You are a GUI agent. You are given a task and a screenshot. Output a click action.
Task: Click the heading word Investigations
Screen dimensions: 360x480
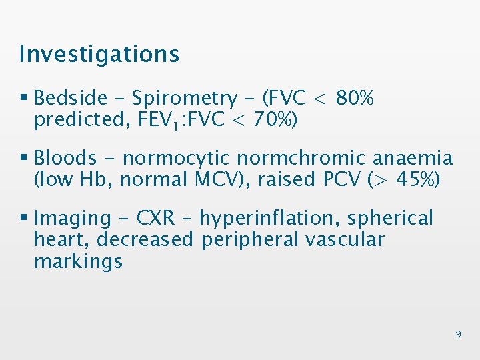99,54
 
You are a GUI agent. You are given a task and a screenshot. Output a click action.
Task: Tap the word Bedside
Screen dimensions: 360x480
71,99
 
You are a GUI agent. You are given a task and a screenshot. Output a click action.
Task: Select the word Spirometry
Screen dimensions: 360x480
184,99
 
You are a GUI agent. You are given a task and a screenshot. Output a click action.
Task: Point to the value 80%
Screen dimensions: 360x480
355,99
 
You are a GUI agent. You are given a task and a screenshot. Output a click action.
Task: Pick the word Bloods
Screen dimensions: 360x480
65,158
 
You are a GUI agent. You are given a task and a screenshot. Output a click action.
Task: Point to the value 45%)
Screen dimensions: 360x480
414,179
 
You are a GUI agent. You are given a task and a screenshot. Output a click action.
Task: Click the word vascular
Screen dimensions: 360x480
345,239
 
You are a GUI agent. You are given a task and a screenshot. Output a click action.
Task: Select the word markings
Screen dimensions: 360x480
78,261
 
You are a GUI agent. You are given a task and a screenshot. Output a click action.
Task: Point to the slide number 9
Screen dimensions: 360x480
458,334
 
